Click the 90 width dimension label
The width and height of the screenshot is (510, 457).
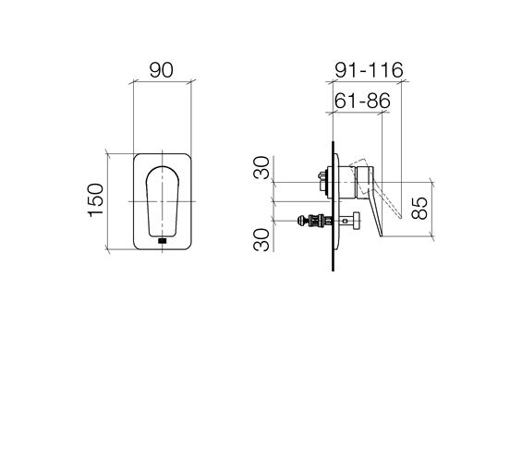tap(161, 70)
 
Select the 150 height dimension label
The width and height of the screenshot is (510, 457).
tap(96, 200)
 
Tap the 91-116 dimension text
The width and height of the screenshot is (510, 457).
tap(370, 70)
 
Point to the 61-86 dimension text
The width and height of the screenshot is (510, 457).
tap(362, 101)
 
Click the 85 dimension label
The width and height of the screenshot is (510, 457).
tap(419, 208)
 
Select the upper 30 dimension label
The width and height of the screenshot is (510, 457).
tap(261, 168)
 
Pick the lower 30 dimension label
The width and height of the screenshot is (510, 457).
tap(261, 240)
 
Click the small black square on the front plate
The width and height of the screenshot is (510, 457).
tap(162, 241)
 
